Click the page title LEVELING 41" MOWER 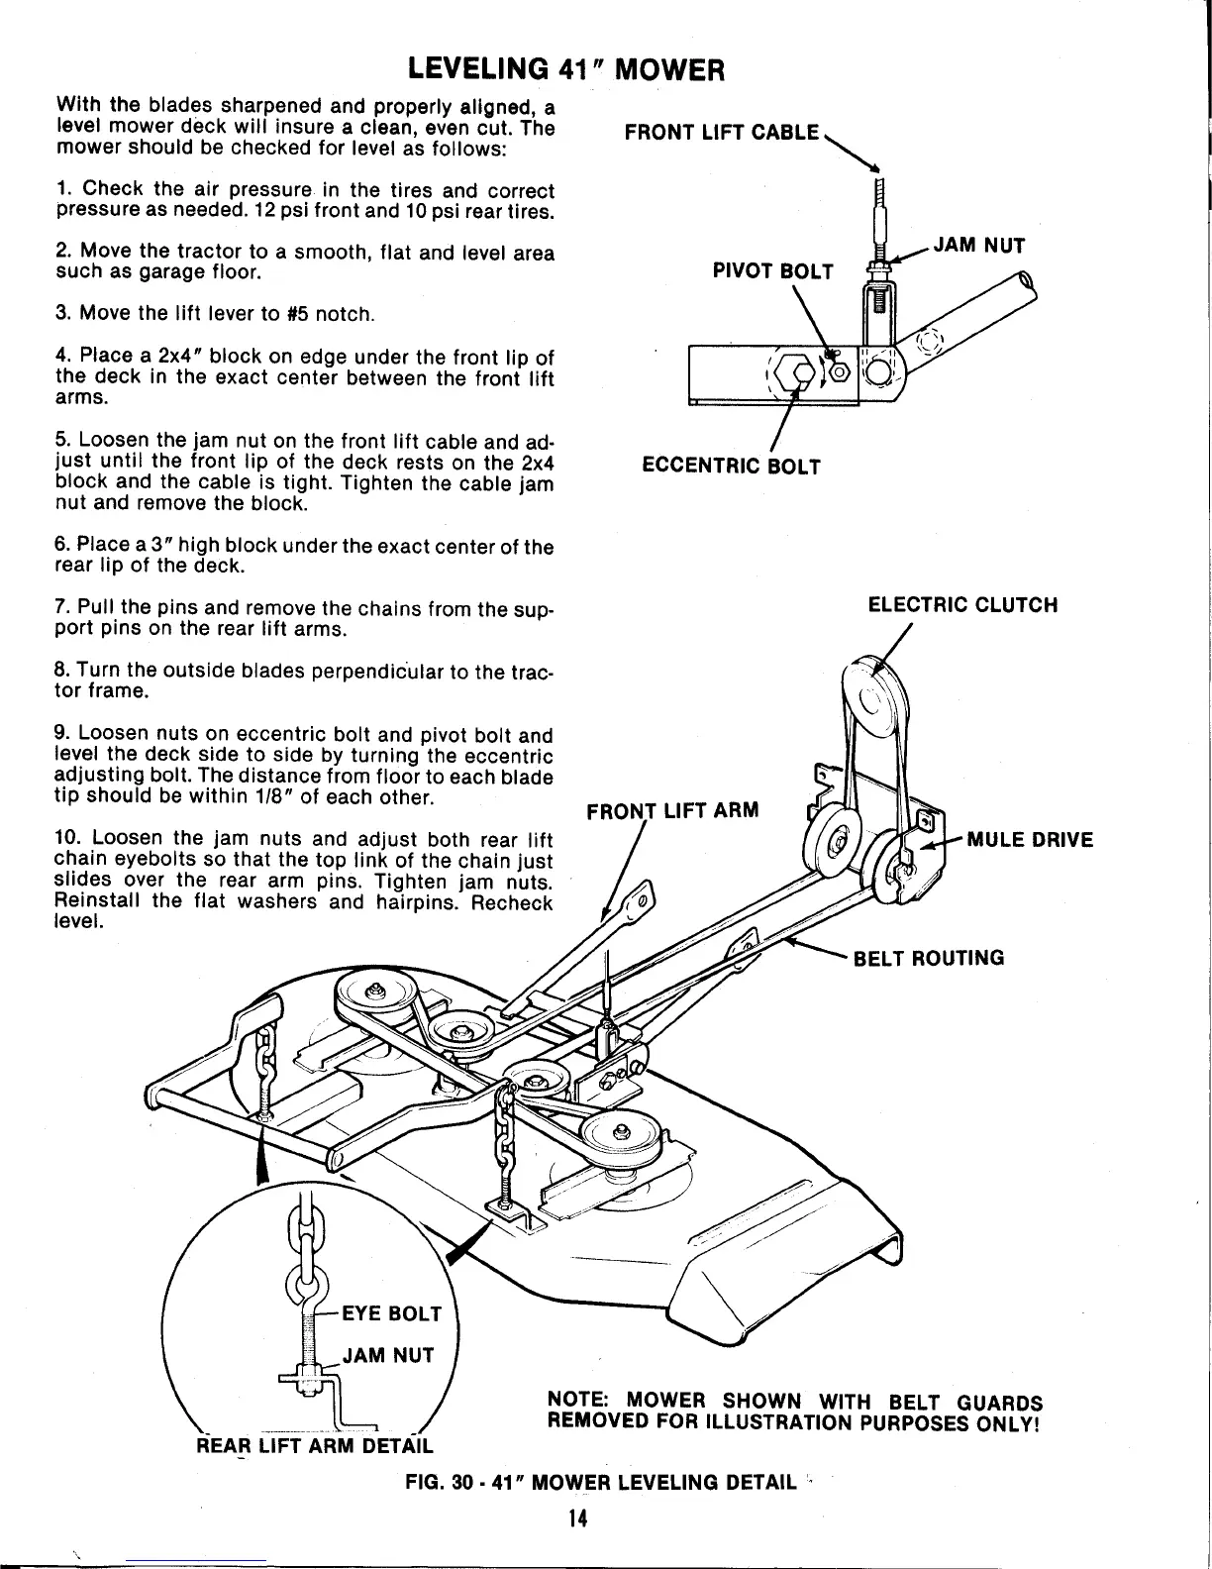pyautogui.click(x=567, y=70)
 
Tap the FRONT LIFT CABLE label pyautogui.click(x=721, y=133)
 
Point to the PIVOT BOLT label pyautogui.click(x=773, y=272)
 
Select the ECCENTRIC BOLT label pyautogui.click(x=731, y=466)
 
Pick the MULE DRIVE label pyautogui.click(x=1030, y=841)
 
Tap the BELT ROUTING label pyautogui.click(x=929, y=958)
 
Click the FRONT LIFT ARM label pyautogui.click(x=672, y=811)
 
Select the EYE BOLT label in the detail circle pyautogui.click(x=390, y=1314)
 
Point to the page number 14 pyautogui.click(x=578, y=1519)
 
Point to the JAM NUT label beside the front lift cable pyautogui.click(x=978, y=245)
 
